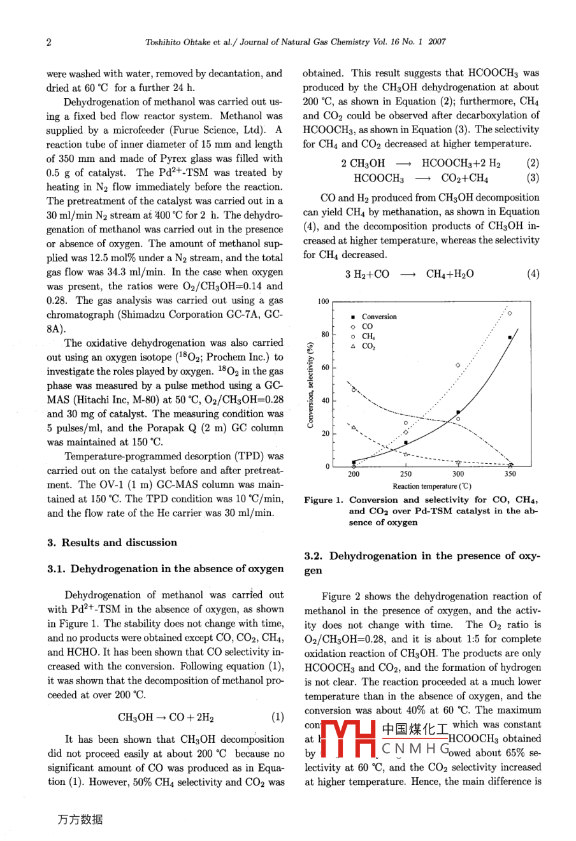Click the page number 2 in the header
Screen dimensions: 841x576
coord(49,42)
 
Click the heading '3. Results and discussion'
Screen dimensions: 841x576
coord(112,543)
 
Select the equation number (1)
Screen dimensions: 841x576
coord(277,717)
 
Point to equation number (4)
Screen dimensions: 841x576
coord(533,274)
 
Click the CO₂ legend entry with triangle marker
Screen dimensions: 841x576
coord(368,347)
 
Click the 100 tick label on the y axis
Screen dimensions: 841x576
coord(324,301)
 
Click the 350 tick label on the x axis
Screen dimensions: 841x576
coord(510,474)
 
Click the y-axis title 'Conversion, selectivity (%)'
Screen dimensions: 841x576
coord(311,385)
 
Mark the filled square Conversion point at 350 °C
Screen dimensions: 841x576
coord(510,337)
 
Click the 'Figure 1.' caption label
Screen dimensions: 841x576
coord(324,500)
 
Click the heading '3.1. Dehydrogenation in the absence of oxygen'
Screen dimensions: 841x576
coord(166,568)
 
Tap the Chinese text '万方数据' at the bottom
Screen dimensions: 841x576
coord(80,820)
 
